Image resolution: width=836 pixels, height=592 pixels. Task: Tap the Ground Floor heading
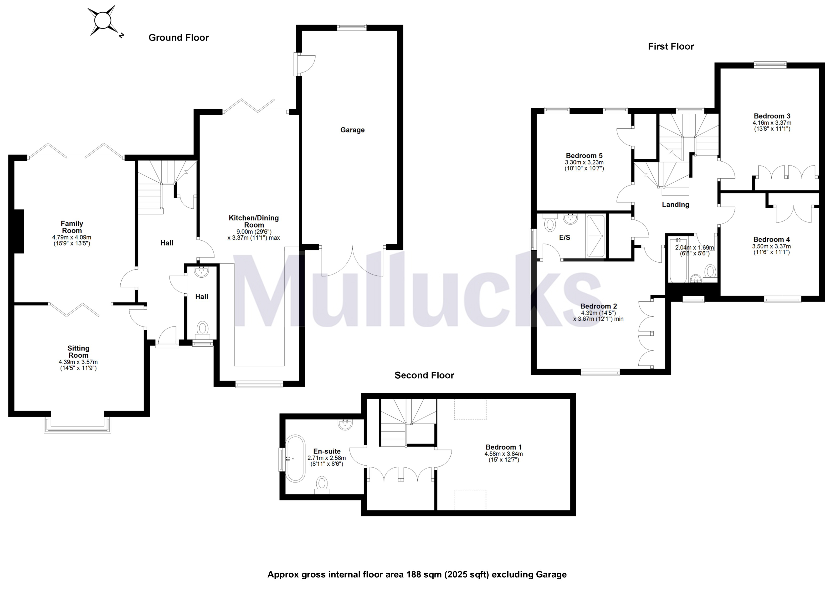pyautogui.click(x=178, y=37)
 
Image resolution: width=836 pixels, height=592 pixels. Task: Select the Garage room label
pyautogui.click(x=352, y=130)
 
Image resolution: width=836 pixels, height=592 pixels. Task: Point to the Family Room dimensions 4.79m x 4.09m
pyautogui.click(x=72, y=237)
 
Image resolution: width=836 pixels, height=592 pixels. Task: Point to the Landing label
pyautogui.click(x=675, y=205)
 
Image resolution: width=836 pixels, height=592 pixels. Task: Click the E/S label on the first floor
pyautogui.click(x=564, y=237)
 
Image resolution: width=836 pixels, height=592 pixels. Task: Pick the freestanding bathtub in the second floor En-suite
pyautogui.click(x=295, y=458)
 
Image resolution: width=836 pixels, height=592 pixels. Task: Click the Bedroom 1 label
pyautogui.click(x=503, y=447)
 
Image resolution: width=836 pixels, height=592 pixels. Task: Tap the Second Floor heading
pyautogui.click(x=424, y=375)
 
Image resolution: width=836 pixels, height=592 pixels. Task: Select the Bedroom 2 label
pyautogui.click(x=598, y=306)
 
